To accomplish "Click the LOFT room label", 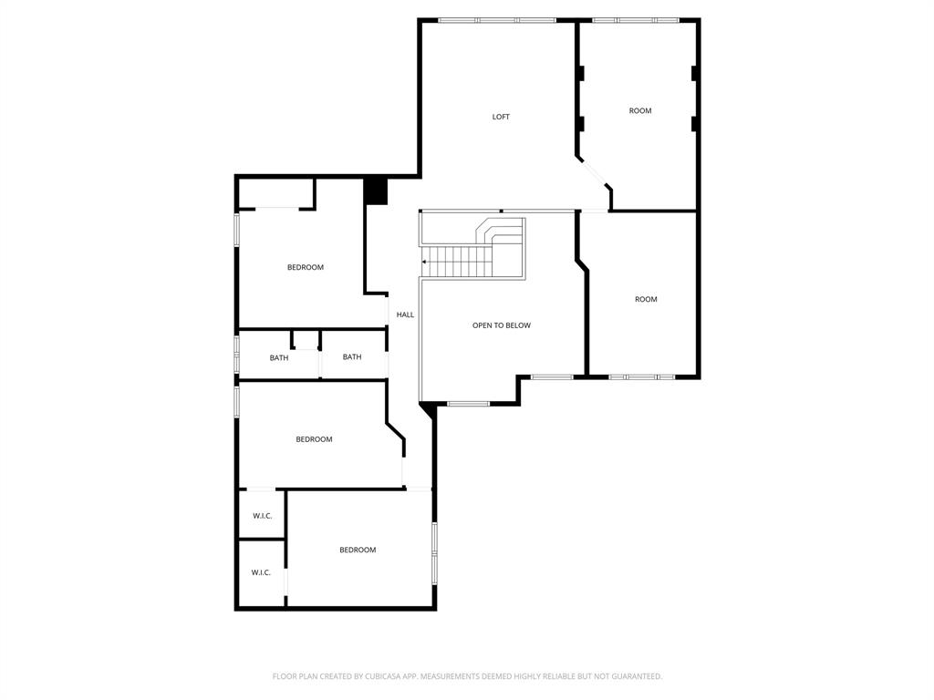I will [x=501, y=117].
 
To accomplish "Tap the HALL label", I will [x=405, y=314].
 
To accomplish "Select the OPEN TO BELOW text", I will [x=501, y=325].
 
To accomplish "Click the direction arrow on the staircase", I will [x=425, y=262].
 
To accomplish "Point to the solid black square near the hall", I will [x=376, y=191].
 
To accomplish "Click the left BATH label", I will [x=279, y=358].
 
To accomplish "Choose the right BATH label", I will [x=352, y=357].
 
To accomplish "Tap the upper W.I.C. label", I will [x=263, y=516].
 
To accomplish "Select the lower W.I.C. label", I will [x=261, y=572].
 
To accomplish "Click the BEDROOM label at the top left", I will [x=306, y=267].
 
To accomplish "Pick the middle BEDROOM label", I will [x=314, y=439].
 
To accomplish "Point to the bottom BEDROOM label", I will [x=358, y=550].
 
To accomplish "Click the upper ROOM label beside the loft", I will [x=640, y=111].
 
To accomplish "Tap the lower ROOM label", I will [x=646, y=299].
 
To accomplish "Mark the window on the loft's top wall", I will [x=497, y=20].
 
